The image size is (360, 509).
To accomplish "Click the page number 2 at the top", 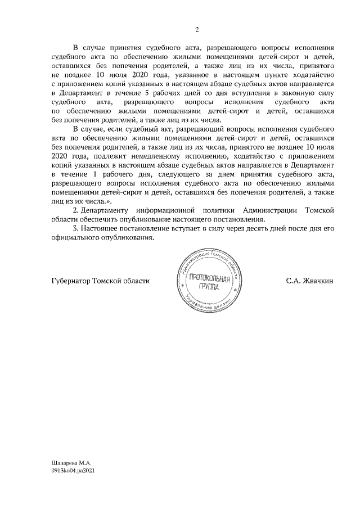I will tap(196, 30).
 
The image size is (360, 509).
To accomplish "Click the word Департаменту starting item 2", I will tap(106, 210).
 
